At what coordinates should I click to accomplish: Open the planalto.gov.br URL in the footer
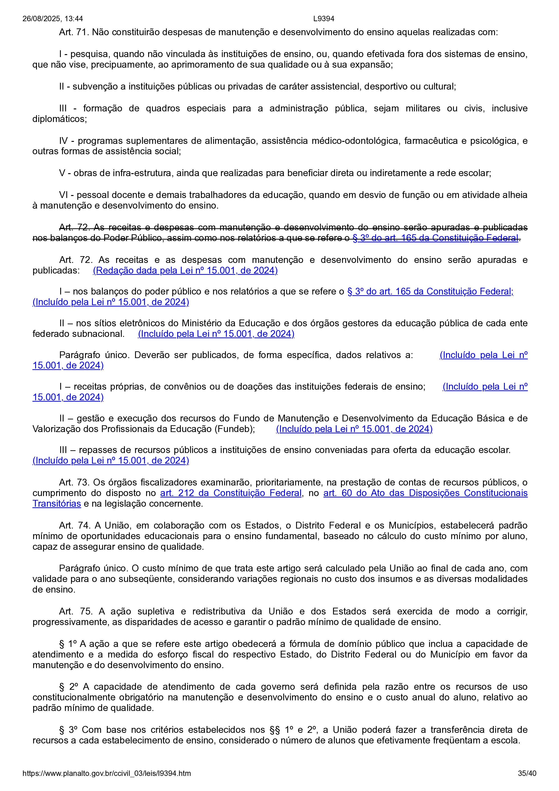tap(106, 773)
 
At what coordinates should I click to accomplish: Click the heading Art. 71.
tap(74, 32)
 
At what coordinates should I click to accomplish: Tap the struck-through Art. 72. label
tap(74, 227)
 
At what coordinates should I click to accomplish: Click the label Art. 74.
tap(74, 525)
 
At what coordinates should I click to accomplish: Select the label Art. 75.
tap(76, 612)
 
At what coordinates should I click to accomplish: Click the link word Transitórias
tap(56, 504)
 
